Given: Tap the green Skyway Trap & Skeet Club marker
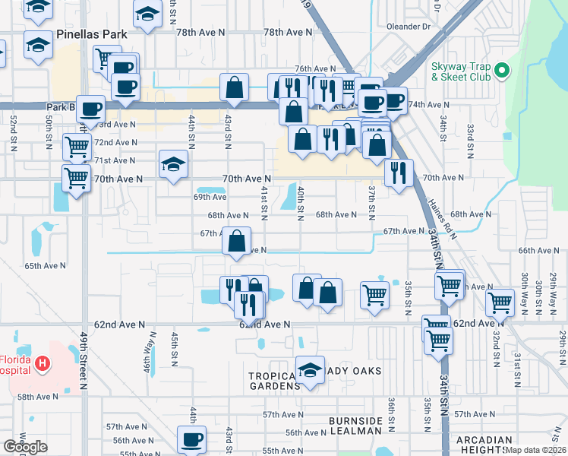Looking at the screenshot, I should coord(501,71).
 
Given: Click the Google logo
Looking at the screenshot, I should coord(25,447).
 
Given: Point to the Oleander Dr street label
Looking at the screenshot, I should coord(409,26).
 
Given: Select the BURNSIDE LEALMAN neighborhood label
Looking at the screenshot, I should coord(355,426).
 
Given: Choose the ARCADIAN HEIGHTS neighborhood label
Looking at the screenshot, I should coord(484,445).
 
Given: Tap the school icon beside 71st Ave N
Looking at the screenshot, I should coord(173,164).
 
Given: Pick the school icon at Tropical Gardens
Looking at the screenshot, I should coord(310,370).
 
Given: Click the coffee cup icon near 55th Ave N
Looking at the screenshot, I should coord(191,439).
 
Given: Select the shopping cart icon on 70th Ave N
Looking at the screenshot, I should coord(76,179).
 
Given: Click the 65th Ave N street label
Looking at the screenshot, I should coord(45,266).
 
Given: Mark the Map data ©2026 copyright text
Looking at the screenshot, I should coord(536,449).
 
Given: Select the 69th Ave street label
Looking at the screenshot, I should coord(210,196).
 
